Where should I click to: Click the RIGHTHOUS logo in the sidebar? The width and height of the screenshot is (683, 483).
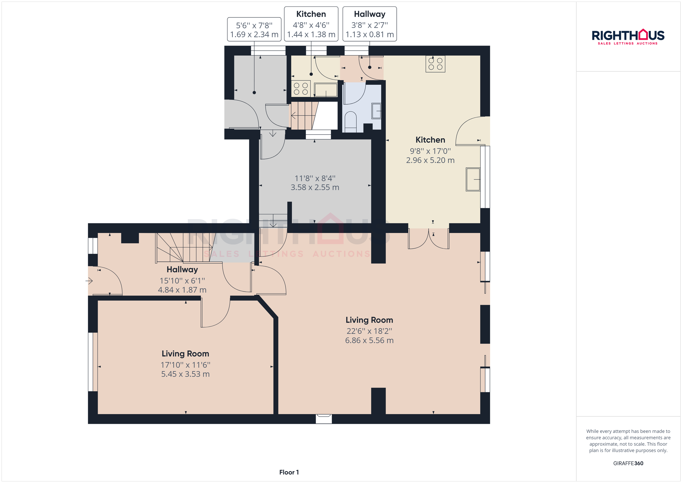pyautogui.click(x=628, y=37)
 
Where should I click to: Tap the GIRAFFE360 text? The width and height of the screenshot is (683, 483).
pyautogui.click(x=628, y=463)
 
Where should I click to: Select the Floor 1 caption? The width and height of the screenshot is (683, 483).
pyautogui.click(x=289, y=472)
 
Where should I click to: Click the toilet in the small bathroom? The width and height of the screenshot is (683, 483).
pyautogui.click(x=350, y=121)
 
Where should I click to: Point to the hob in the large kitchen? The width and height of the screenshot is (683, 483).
pyautogui.click(x=435, y=64)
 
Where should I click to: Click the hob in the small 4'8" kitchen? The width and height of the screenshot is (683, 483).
pyautogui.click(x=301, y=89)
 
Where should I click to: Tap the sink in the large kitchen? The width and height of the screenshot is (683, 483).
pyautogui.click(x=473, y=179)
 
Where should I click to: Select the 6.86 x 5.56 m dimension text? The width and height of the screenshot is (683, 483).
pyautogui.click(x=369, y=340)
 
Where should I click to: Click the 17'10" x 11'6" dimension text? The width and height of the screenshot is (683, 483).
pyautogui.click(x=185, y=365)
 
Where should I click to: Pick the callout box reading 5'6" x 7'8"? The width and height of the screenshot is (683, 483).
pyautogui.click(x=254, y=30)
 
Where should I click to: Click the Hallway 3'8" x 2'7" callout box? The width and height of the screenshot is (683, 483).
pyautogui.click(x=369, y=24)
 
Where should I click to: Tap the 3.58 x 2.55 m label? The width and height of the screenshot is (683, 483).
pyautogui.click(x=315, y=187)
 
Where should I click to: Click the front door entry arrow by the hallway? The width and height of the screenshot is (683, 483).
pyautogui.click(x=89, y=280)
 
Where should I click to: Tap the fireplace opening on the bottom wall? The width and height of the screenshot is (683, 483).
pyautogui.click(x=323, y=418)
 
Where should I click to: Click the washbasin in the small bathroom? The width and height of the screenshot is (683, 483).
pyautogui.click(x=376, y=111)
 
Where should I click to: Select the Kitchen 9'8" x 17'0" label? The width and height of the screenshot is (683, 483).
pyautogui.click(x=430, y=150)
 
